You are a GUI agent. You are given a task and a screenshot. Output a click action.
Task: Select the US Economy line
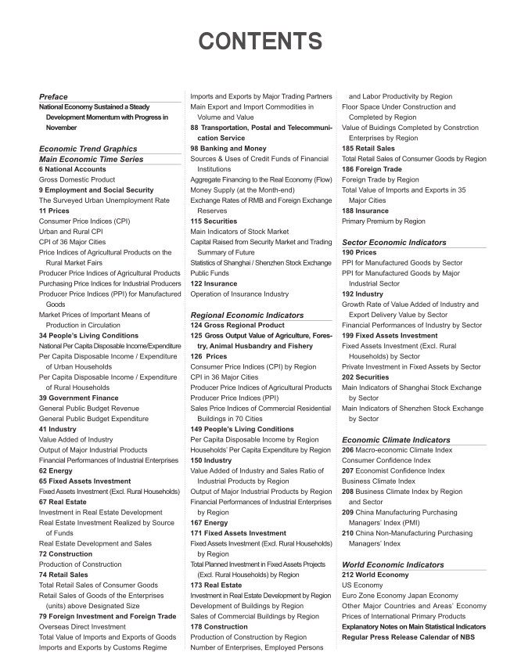[367, 586]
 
